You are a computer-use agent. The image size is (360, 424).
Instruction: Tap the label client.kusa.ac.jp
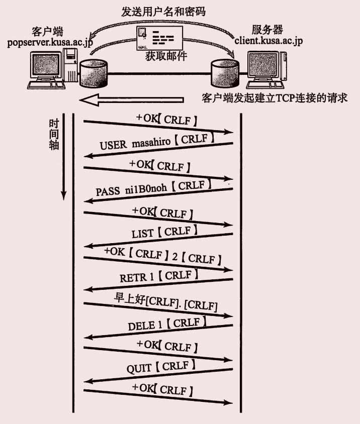pos(271,39)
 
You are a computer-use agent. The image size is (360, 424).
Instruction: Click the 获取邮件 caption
pos(165,56)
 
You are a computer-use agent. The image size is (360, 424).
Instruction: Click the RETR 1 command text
pos(156,277)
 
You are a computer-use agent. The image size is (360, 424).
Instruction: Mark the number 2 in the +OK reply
pos(174,257)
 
